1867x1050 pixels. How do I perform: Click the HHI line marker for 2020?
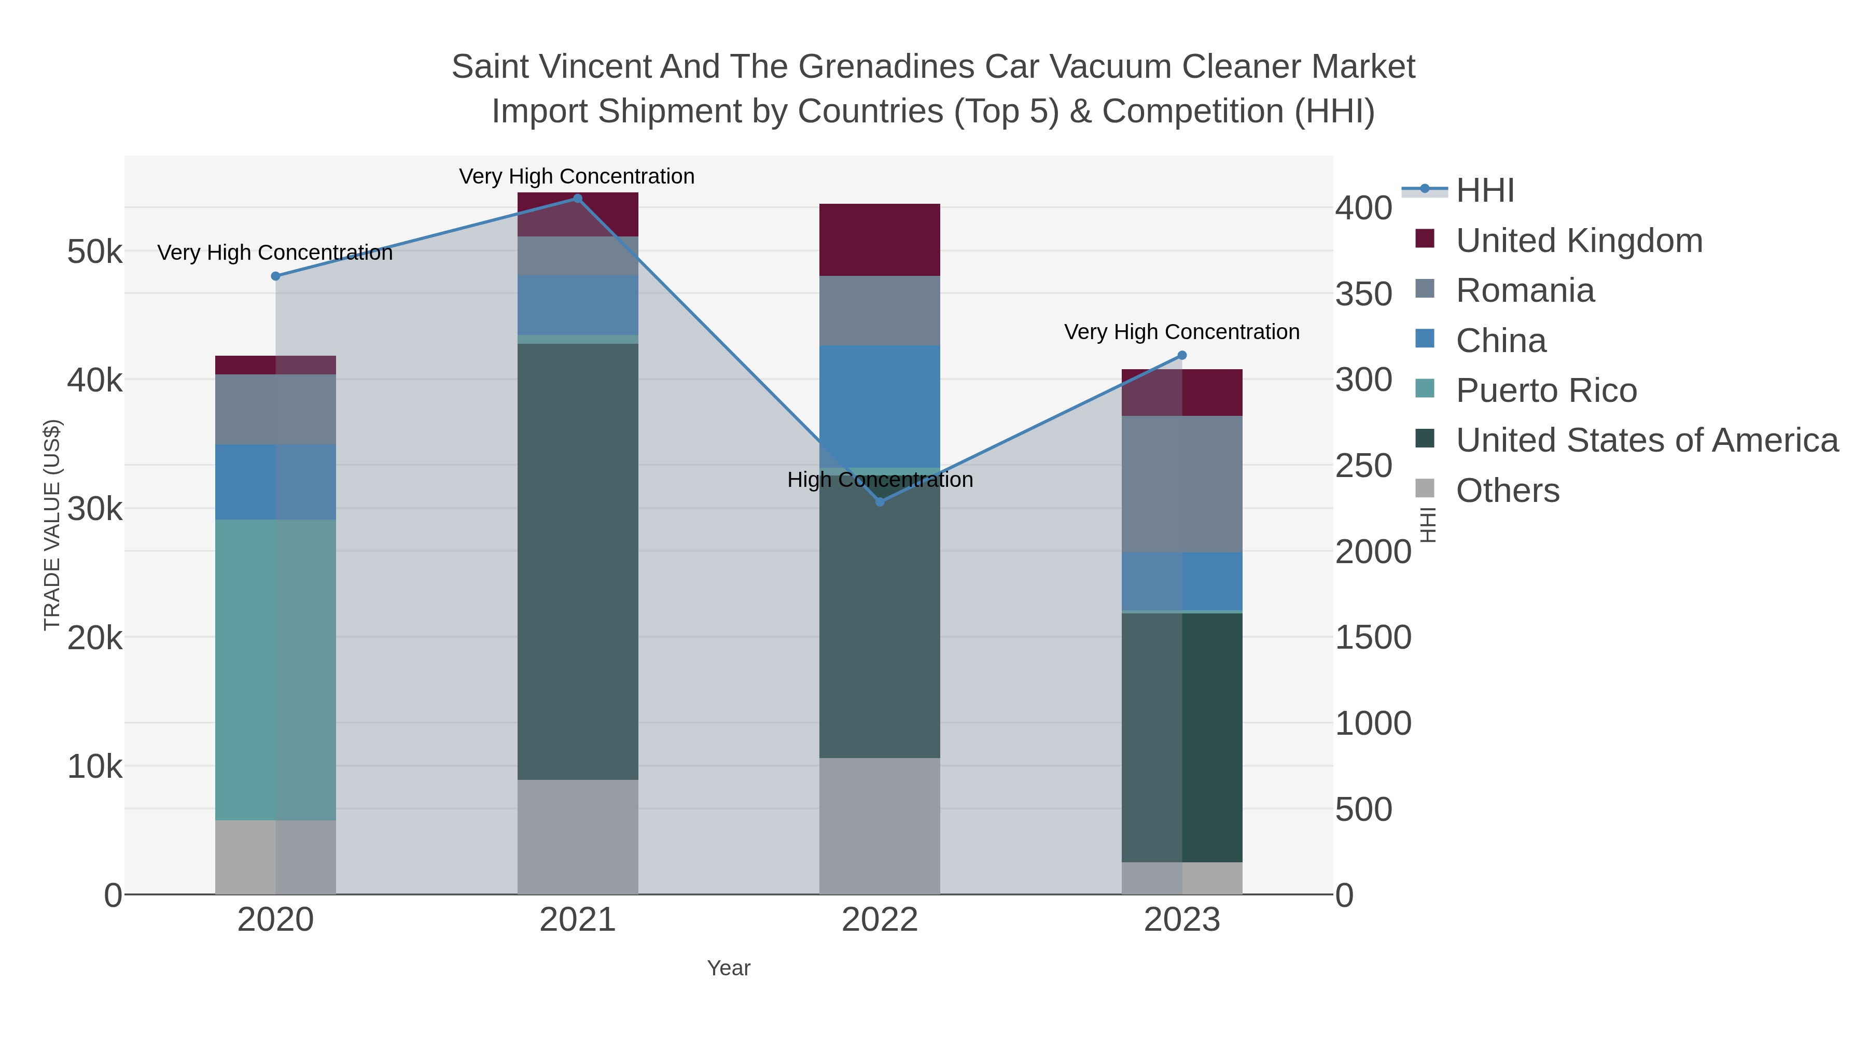275,276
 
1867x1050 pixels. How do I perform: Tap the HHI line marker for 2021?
578,199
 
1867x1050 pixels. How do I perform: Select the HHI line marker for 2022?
880,501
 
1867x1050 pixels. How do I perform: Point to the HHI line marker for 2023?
1182,355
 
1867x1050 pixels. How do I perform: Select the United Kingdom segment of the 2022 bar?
880,240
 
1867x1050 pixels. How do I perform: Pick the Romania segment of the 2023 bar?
1182,484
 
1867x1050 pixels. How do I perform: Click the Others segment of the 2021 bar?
578,837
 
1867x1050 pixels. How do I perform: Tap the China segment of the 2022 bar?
880,406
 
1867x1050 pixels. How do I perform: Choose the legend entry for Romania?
1525,290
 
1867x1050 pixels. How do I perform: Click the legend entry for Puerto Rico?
1546,390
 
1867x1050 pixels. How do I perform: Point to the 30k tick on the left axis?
95,509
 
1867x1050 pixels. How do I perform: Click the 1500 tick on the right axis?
1373,638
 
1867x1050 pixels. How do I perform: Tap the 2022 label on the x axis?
880,920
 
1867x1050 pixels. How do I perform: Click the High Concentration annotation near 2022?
880,480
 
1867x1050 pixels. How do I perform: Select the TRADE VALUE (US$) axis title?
52,525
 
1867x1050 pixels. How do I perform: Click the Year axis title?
729,968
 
